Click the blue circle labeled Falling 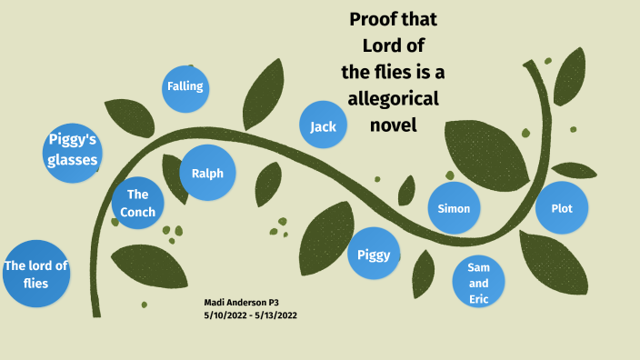pos(185,87)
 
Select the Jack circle pos(323,126)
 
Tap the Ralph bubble pos(207,173)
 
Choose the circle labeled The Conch pos(137,203)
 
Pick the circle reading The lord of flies pos(35,274)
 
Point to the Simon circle pos(454,208)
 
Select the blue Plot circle pos(561,208)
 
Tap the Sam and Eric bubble pos(479,283)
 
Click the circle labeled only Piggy pos(374,254)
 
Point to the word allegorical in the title pos(393,98)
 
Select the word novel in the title pos(393,125)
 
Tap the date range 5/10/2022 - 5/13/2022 pos(250,315)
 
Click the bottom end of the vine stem pos(96,312)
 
